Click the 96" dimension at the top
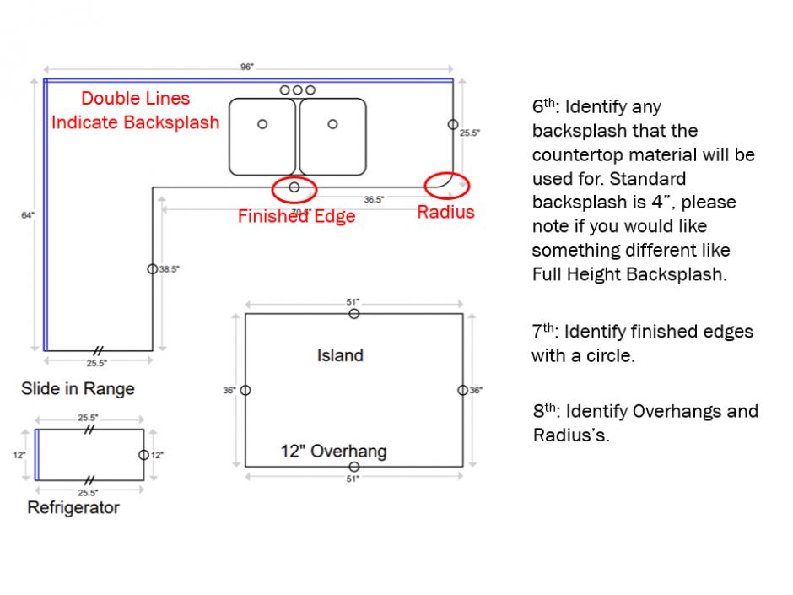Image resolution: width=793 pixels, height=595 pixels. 246,68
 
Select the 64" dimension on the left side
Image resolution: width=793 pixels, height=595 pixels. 27,215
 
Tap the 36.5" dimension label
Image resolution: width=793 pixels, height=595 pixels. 374,200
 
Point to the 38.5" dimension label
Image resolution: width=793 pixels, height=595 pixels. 170,269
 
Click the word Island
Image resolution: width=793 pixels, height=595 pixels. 340,355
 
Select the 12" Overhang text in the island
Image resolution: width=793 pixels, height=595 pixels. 333,452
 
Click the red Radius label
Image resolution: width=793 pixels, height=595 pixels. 445,213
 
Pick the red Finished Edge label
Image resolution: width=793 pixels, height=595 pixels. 296,217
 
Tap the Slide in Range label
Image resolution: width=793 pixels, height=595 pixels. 78,389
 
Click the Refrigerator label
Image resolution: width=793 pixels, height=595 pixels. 73,508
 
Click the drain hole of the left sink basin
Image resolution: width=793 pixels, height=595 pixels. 262,124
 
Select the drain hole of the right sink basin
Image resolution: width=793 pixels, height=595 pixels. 333,124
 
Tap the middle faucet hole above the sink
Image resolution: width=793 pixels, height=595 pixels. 298,90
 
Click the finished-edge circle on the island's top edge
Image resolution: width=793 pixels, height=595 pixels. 354,314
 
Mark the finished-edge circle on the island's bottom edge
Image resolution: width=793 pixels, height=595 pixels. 354,467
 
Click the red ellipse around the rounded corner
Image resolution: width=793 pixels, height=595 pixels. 446,185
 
